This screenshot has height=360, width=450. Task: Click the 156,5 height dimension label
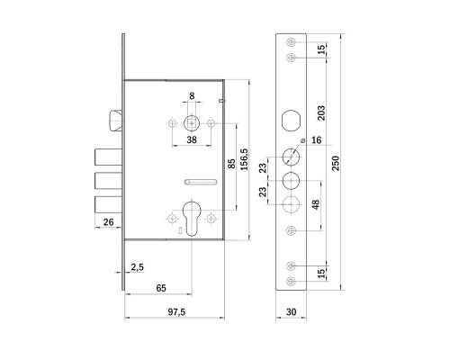click(245, 159)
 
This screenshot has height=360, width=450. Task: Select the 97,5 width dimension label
click(176, 312)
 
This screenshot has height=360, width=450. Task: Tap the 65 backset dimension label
click(161, 288)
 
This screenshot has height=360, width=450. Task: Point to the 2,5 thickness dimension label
click(137, 267)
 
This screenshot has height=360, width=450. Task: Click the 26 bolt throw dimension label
click(108, 222)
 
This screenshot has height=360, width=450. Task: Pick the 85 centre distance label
click(232, 164)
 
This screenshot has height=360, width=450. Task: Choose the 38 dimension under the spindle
click(192, 139)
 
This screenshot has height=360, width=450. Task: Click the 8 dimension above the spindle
click(192, 96)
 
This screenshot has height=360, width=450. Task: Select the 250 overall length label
click(336, 163)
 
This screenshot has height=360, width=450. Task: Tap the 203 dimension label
click(321, 112)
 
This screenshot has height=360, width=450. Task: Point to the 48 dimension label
click(316, 204)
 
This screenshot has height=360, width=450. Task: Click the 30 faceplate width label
click(291, 312)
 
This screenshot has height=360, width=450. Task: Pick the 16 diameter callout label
click(316, 140)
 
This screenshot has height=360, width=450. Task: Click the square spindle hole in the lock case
click(192, 123)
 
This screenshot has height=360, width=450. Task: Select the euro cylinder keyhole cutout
click(192, 219)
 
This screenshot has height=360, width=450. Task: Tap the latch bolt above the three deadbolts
click(115, 121)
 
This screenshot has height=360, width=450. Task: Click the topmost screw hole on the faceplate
click(291, 42)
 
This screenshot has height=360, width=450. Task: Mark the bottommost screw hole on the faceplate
click(291, 282)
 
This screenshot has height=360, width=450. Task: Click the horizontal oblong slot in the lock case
click(201, 182)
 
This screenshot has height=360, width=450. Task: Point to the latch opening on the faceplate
click(291, 121)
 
